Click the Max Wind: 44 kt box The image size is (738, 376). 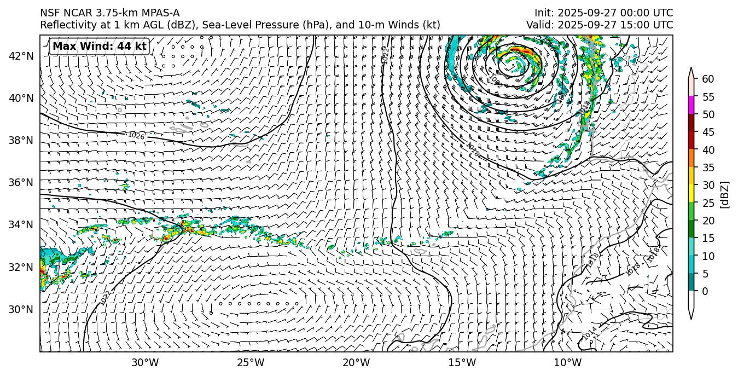tap(99, 47)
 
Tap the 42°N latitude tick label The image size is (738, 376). tap(21, 56)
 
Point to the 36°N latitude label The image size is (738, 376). tap(21, 182)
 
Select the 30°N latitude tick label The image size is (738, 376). tap(21, 309)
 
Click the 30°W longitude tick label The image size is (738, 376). tap(145, 362)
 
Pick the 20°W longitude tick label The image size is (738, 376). tap(356, 362)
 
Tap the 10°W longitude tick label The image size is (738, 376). tap(567, 362)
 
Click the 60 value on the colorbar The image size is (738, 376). tap(708, 79)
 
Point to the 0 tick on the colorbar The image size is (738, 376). tap(705, 291)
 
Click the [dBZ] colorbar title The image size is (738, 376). tap(725, 194)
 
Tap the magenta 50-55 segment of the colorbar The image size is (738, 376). tap(691, 105)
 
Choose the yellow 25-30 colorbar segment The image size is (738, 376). tap(691, 194)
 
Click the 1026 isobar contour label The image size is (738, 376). tap(136, 136)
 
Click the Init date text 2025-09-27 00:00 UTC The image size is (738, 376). tap(615, 13)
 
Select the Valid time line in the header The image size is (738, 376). tap(600, 25)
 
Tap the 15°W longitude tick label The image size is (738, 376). tap(462, 362)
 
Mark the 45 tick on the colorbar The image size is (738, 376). tap(708, 132)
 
